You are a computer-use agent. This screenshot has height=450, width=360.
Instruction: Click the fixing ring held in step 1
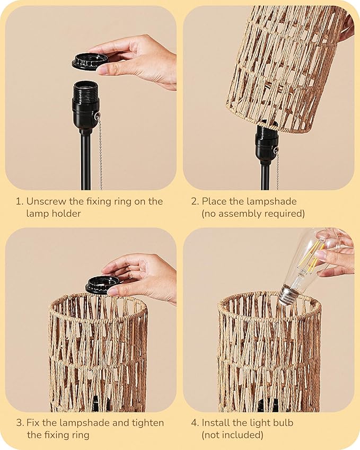[x=89, y=61]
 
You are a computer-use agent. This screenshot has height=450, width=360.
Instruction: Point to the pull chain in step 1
[x=100, y=154]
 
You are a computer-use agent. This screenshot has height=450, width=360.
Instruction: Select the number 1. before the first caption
[x=19, y=201]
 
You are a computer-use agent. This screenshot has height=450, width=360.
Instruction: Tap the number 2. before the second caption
[x=195, y=201]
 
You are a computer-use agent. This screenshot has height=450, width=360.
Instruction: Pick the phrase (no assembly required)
[x=253, y=214]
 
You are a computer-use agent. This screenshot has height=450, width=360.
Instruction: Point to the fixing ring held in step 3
[x=102, y=284]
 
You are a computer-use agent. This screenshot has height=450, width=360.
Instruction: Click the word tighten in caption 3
[x=147, y=423]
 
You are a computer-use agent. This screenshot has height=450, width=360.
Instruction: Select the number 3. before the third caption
[x=19, y=423]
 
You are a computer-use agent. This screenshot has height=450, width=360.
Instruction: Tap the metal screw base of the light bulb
[x=288, y=295]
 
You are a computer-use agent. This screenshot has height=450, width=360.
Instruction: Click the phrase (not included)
[x=232, y=435]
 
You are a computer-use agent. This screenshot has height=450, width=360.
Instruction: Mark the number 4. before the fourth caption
[x=195, y=423]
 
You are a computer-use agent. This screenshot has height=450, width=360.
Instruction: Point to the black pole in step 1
[x=85, y=159]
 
